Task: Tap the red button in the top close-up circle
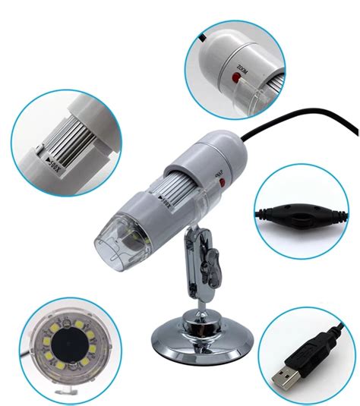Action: (x=230, y=75)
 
